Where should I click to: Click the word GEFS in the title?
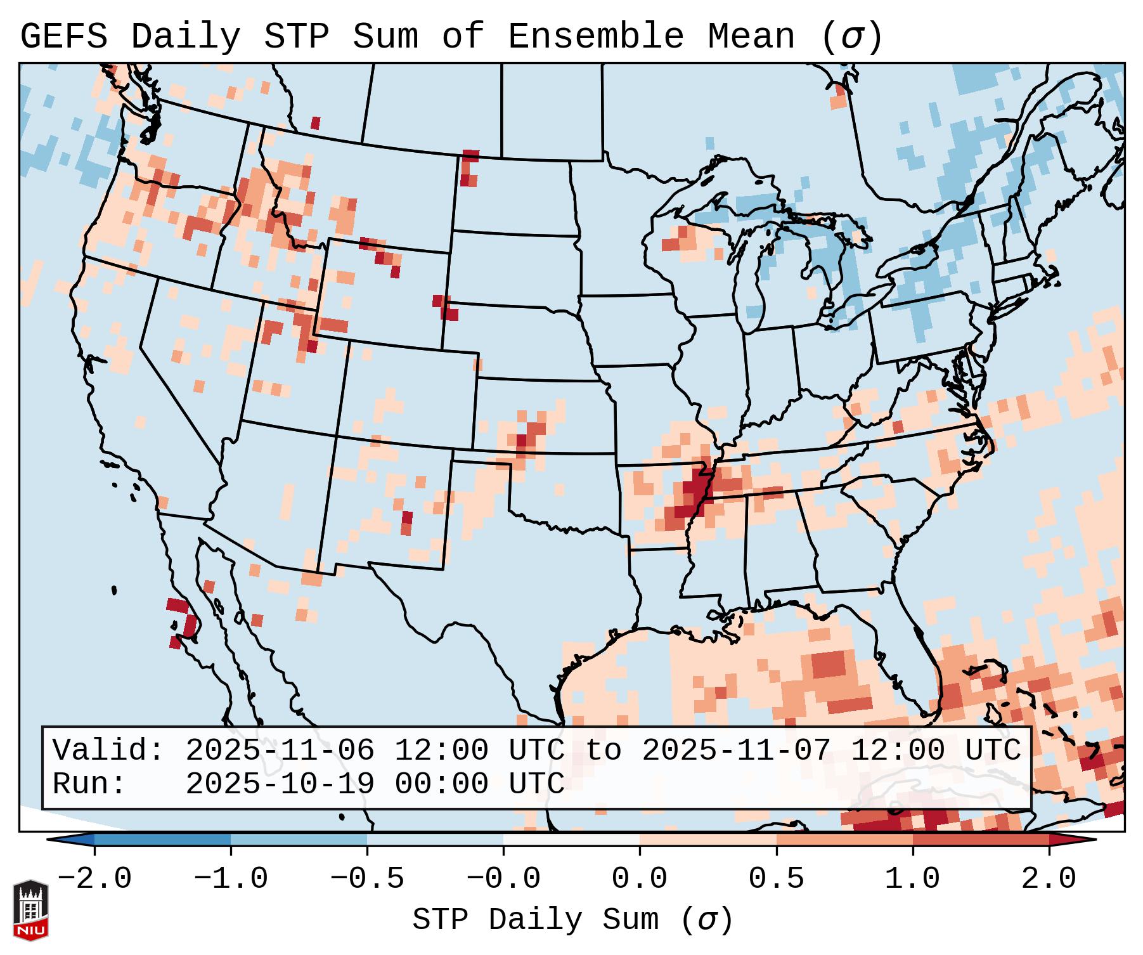[63, 37]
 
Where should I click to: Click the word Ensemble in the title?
[595, 37]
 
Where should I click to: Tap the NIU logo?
[30, 909]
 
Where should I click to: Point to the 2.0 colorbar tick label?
[1049, 879]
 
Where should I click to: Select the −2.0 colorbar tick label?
[94, 879]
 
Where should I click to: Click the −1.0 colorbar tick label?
[231, 879]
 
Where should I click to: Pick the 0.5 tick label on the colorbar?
[776, 879]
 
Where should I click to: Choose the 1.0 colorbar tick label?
[912, 879]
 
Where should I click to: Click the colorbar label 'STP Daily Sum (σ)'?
[572, 920]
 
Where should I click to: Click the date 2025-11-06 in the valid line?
[280, 750]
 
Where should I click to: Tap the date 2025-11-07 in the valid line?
[736, 750]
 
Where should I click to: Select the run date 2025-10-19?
[280, 784]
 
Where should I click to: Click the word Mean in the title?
[751, 37]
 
